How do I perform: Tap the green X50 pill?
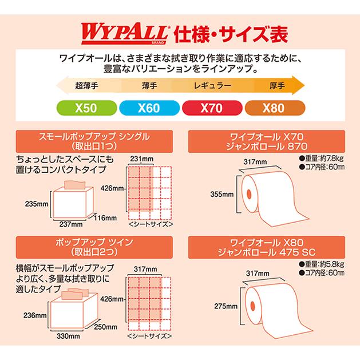(x=83, y=108)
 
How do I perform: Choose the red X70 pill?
(x=211, y=108)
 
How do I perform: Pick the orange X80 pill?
(x=274, y=108)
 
